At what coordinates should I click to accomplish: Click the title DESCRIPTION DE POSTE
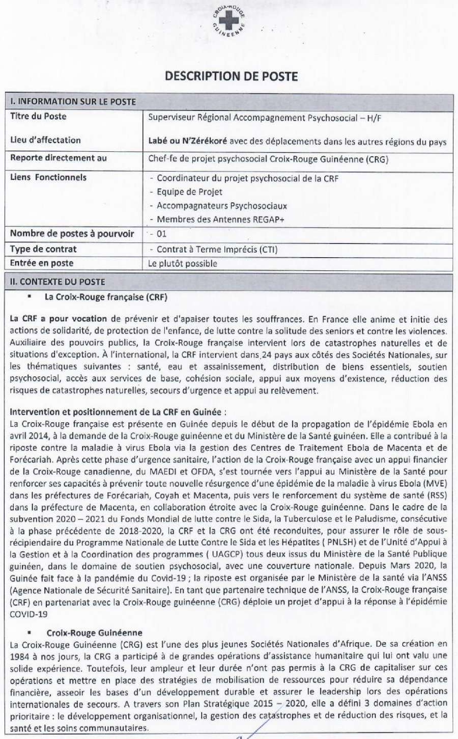coord(231,76)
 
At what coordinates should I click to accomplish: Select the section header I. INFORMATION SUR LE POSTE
coord(73,102)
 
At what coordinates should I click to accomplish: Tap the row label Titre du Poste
coord(38,116)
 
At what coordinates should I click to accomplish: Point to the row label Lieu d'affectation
coord(45,140)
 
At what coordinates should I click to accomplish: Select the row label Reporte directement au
coord(59,157)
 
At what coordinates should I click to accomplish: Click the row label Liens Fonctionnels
coord(48,177)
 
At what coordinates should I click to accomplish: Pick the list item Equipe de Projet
coord(189,192)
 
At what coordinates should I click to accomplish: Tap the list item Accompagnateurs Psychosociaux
coord(221,206)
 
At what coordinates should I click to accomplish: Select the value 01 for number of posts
coord(161,234)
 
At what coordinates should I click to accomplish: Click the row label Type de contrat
coord(43,249)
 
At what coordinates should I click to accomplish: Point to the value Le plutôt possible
coord(182,263)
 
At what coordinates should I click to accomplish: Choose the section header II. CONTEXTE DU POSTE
coord(58,281)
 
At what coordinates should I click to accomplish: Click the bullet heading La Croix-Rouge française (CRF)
coord(106,296)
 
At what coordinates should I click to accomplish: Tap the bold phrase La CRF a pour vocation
coord(59,319)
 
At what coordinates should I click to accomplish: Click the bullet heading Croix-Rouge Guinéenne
coord(94,633)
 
